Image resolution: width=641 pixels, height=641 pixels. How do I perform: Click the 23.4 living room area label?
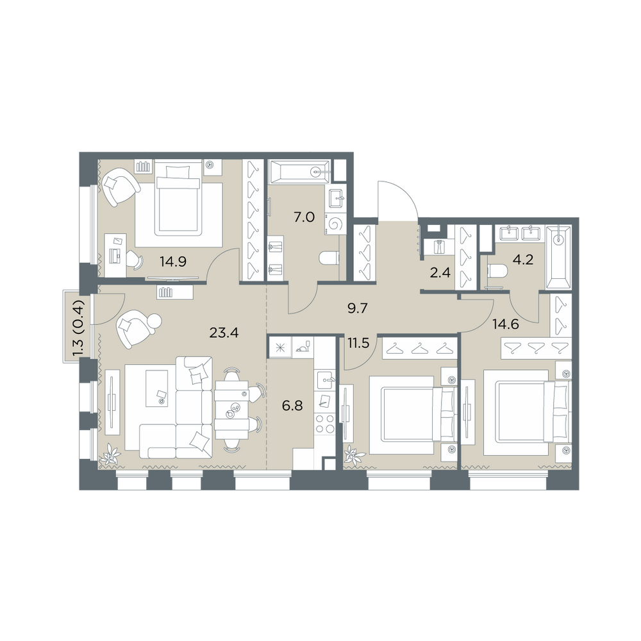coord(224,333)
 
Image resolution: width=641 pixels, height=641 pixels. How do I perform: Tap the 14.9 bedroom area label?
coord(173,262)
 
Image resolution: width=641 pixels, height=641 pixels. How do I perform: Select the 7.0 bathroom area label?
coord(304,217)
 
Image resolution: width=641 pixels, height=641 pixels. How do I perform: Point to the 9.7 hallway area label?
coord(358,308)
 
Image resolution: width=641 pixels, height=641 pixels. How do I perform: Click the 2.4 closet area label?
coord(440,272)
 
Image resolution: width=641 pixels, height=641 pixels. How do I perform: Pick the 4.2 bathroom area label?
coord(523,259)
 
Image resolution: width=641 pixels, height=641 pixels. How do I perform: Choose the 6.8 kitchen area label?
coord(292,406)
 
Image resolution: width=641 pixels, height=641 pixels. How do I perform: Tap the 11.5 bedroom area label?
coord(358,343)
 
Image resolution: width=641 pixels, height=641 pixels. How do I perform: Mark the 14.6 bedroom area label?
coord(506,324)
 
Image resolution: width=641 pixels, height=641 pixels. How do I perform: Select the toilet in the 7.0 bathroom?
coord(329,258)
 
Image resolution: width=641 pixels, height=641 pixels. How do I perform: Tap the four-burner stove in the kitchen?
coord(324,423)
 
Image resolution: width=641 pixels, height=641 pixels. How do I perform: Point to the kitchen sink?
coord(325,379)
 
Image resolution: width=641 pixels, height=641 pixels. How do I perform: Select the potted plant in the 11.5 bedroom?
coord(354,455)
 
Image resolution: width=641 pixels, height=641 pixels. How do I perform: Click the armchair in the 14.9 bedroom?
coord(120,188)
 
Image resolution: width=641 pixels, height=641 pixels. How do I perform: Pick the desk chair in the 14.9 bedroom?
coord(135,259)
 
